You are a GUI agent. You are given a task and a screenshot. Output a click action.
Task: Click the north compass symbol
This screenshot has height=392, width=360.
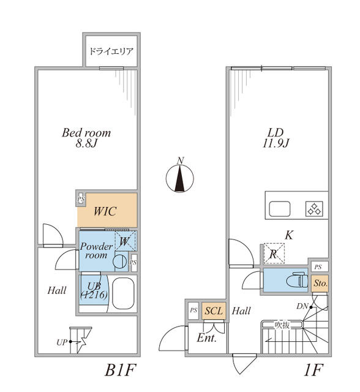(x=179, y=178)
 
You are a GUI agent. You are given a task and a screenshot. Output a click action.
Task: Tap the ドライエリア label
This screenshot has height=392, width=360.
(x=111, y=51)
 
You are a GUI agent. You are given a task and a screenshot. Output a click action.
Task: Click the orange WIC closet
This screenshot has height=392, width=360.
(x=107, y=211)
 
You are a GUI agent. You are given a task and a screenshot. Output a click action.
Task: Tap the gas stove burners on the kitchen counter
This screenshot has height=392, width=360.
(x=315, y=209)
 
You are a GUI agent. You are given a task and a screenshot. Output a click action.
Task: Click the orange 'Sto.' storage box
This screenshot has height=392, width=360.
(x=320, y=284)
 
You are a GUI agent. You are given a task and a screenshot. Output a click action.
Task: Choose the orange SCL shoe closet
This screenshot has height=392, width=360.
(x=214, y=311)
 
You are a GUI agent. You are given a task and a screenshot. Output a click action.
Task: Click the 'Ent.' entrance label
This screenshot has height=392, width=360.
(x=206, y=337)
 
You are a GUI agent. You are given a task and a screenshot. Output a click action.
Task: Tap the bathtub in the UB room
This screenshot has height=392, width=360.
(x=124, y=295)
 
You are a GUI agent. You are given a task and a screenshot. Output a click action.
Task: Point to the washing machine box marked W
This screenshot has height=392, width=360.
(x=125, y=241)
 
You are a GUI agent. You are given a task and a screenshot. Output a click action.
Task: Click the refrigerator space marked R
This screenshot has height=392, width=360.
(x=272, y=252)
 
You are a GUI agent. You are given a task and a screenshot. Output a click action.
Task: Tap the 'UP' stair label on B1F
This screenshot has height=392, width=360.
(x=61, y=342)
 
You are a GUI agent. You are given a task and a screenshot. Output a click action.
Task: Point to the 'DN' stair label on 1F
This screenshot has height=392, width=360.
(x=302, y=306)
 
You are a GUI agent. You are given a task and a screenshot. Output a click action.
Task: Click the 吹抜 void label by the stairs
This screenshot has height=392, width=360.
(x=281, y=325)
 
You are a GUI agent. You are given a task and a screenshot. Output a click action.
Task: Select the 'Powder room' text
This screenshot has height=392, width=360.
(x=96, y=251)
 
